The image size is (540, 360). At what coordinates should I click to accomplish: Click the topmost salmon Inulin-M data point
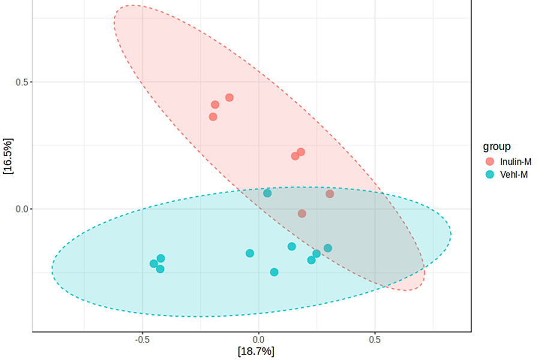click(229, 98)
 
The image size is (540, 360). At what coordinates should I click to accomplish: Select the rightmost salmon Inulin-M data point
click(329, 194)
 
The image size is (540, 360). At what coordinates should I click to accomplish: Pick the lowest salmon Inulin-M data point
click(302, 214)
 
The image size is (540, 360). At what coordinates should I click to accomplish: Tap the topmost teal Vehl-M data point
click(268, 193)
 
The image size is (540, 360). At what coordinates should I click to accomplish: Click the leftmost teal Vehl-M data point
click(154, 263)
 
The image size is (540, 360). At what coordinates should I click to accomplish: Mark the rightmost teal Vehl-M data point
click(328, 248)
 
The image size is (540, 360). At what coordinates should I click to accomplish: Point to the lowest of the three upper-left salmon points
click(213, 116)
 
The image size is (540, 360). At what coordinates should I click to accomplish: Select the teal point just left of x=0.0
click(250, 253)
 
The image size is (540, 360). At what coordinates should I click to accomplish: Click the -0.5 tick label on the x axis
click(142, 340)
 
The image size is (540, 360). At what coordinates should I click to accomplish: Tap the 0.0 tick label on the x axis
click(259, 340)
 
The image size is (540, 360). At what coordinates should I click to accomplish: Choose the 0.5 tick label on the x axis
click(374, 340)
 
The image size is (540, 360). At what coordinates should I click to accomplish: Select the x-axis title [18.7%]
click(256, 351)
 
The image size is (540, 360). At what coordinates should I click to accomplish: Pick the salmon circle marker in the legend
click(490, 161)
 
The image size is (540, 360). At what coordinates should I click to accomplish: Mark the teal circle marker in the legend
click(490, 175)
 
